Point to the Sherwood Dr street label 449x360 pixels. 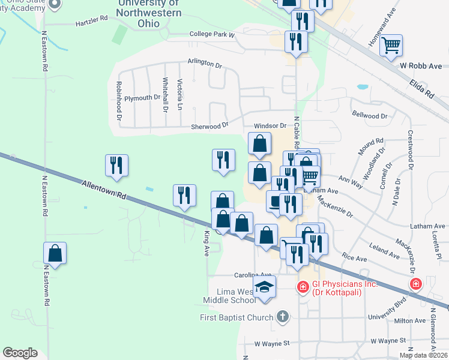[209, 125]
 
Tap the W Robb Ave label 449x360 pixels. [421, 65]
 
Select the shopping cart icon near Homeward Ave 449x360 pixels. [391, 44]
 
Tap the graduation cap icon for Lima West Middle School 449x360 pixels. [264, 287]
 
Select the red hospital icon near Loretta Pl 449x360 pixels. [415, 284]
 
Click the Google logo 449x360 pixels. [20, 353]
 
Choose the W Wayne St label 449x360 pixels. [271, 344]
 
